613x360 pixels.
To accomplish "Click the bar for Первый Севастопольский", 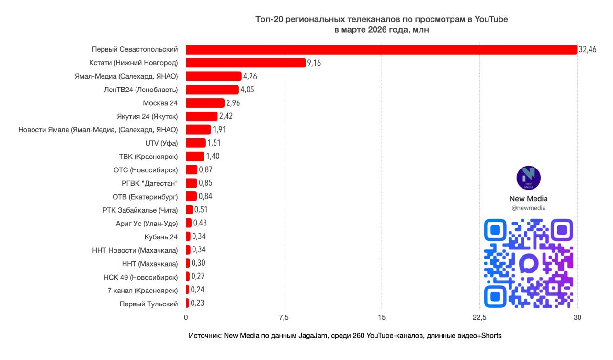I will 381,49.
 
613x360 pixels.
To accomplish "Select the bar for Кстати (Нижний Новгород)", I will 245,63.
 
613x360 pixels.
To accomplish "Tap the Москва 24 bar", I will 205,103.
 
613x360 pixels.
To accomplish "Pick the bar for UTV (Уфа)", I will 195,143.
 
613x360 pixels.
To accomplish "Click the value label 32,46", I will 588,49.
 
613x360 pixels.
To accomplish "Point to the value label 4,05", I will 249,90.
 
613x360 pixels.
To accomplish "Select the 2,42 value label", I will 226,116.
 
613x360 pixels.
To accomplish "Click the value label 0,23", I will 197,304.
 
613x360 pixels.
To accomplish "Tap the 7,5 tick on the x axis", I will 284,317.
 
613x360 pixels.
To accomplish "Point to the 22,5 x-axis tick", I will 479,317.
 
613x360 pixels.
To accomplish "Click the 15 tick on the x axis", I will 382,317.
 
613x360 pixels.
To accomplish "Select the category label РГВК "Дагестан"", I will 149,183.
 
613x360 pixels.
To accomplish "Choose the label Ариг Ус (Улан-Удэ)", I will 147,224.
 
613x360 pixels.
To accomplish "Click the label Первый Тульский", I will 148,304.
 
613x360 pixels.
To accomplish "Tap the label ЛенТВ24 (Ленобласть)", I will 140,90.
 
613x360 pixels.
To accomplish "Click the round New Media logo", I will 528,178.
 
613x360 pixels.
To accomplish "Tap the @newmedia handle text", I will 528,208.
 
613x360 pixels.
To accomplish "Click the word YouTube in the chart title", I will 491,19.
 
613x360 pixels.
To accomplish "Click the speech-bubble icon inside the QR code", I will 529,263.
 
